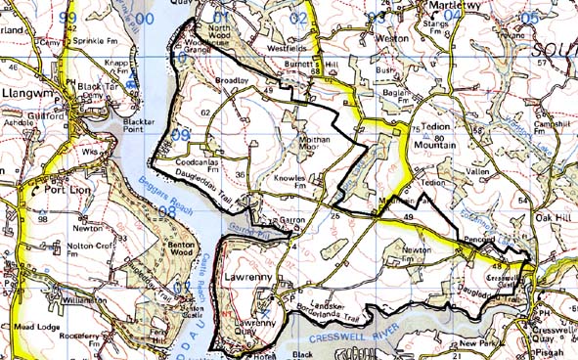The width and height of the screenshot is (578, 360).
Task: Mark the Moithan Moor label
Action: pos(311,146)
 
